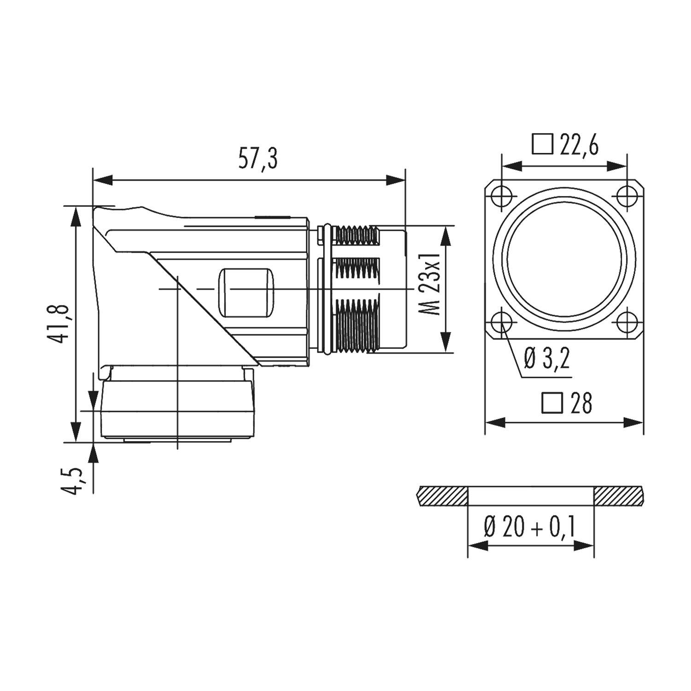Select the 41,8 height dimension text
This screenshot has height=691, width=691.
pos(60,323)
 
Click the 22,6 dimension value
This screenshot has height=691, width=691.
pos(579,146)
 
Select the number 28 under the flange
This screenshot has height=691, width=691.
pos(581,404)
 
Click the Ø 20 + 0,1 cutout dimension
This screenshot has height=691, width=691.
pos(530,527)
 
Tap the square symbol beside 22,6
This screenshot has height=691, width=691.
pos(542,144)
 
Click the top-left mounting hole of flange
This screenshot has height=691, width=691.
pos(501,197)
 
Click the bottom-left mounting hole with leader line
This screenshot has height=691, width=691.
pos(501,323)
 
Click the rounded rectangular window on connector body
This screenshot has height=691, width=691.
pos(246,293)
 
